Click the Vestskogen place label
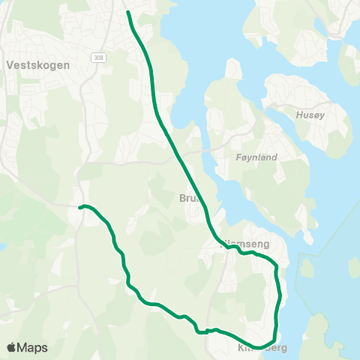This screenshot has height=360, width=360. pos(37,64)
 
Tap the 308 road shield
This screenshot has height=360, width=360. pos(100,57)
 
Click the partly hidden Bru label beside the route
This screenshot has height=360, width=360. pos(187,199)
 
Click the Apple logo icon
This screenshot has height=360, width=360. pos(10,347)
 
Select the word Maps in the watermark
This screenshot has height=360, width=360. pos(32,347)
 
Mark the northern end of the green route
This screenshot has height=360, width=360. pos(128,12)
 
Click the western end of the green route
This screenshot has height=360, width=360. pos(79,207)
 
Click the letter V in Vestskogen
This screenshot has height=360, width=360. pos(9,64)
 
